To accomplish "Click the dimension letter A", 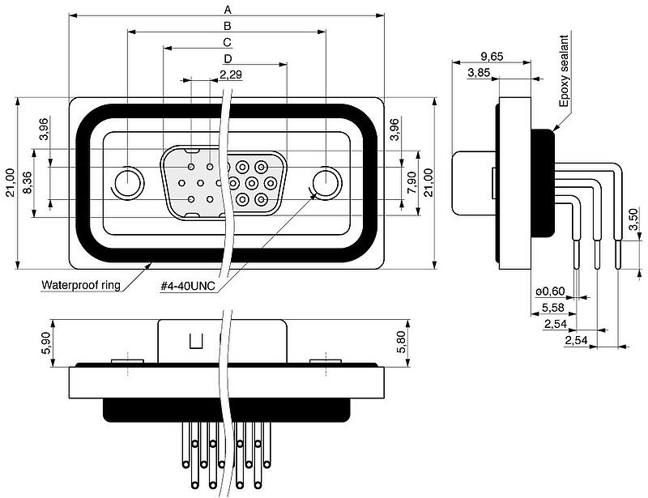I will click(x=228, y=10).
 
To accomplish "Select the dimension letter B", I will click(x=228, y=26).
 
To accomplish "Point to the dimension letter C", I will click(x=228, y=42).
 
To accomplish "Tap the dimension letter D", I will click(x=228, y=59).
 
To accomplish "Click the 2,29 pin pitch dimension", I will click(x=231, y=74).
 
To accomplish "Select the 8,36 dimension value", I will click(x=28, y=182).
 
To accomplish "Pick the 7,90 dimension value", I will click(x=411, y=182).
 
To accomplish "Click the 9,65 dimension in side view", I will click(x=492, y=56).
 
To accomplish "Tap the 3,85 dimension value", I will click(x=480, y=73).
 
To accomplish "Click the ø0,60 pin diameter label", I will click(x=550, y=292).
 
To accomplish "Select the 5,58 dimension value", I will click(x=553, y=308).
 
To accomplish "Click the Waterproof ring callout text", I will click(x=81, y=285).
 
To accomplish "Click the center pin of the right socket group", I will click(x=251, y=182).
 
